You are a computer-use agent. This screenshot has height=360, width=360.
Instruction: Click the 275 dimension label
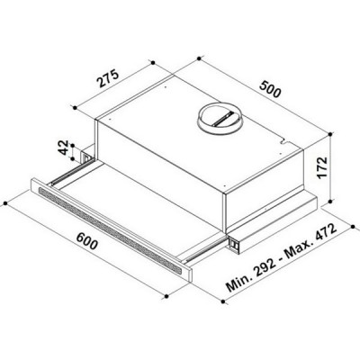[x=108, y=79]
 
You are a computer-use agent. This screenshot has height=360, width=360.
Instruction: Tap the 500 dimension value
[x=271, y=89]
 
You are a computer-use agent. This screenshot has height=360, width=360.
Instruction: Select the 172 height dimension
[x=321, y=167]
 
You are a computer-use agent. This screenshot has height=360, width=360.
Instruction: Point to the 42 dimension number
[x=63, y=148]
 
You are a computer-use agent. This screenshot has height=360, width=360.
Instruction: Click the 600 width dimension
[x=86, y=241]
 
